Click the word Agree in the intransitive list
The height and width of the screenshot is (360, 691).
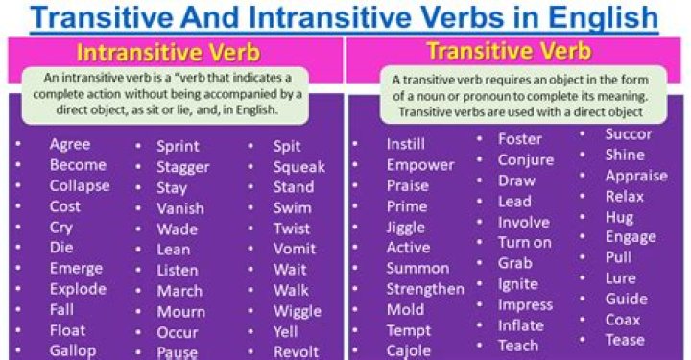[70, 144]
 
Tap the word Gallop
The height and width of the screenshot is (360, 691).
[73, 350]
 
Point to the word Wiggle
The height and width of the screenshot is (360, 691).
[297, 311]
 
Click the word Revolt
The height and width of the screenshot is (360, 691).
[296, 351]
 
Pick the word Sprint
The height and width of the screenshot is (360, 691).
[178, 146]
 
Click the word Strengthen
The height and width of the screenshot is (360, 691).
[425, 289]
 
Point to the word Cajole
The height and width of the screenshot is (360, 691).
[409, 351]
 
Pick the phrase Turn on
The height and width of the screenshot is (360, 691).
[525, 243]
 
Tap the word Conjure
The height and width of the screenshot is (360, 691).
[526, 160]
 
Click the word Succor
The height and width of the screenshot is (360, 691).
[629, 134]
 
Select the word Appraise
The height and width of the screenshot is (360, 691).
[636, 176]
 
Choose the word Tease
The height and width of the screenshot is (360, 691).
[624, 341]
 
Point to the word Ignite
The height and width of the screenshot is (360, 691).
[518, 284]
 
